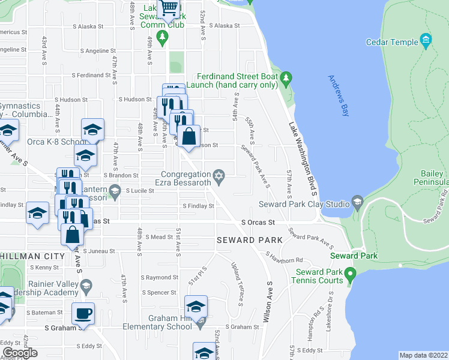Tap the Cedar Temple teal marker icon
click(x=426, y=41)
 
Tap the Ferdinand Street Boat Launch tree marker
click(x=286, y=77)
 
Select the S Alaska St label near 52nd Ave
click(x=223, y=26)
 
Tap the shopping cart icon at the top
click(x=169, y=7)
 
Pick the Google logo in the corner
click(x=20, y=353)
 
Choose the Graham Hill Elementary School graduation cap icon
click(x=196, y=306)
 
